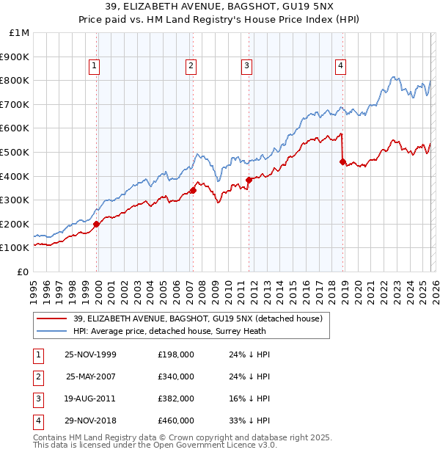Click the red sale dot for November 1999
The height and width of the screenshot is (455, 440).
tap(97, 225)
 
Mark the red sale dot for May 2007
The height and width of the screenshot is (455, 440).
tap(194, 191)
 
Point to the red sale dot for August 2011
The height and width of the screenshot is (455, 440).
tap(249, 180)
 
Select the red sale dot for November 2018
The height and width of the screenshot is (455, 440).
tap(342, 161)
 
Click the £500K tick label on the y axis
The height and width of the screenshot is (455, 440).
tap(15, 152)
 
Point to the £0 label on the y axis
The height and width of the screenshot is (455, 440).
tap(23, 272)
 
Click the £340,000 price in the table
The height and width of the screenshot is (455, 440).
tap(176, 376)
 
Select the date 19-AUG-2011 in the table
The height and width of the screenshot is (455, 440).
tap(90, 398)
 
